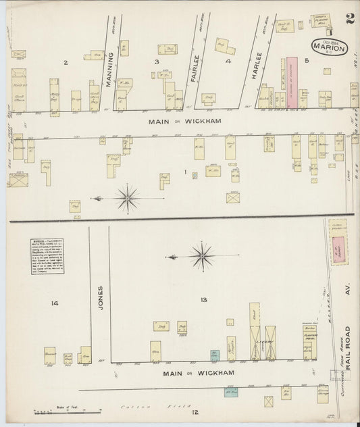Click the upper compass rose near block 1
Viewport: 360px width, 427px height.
point(127,198)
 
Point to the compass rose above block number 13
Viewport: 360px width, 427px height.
point(201,256)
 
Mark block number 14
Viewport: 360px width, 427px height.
point(54,303)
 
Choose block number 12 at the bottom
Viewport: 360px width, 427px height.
point(195,412)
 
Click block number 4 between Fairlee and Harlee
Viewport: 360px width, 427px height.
point(228,62)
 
